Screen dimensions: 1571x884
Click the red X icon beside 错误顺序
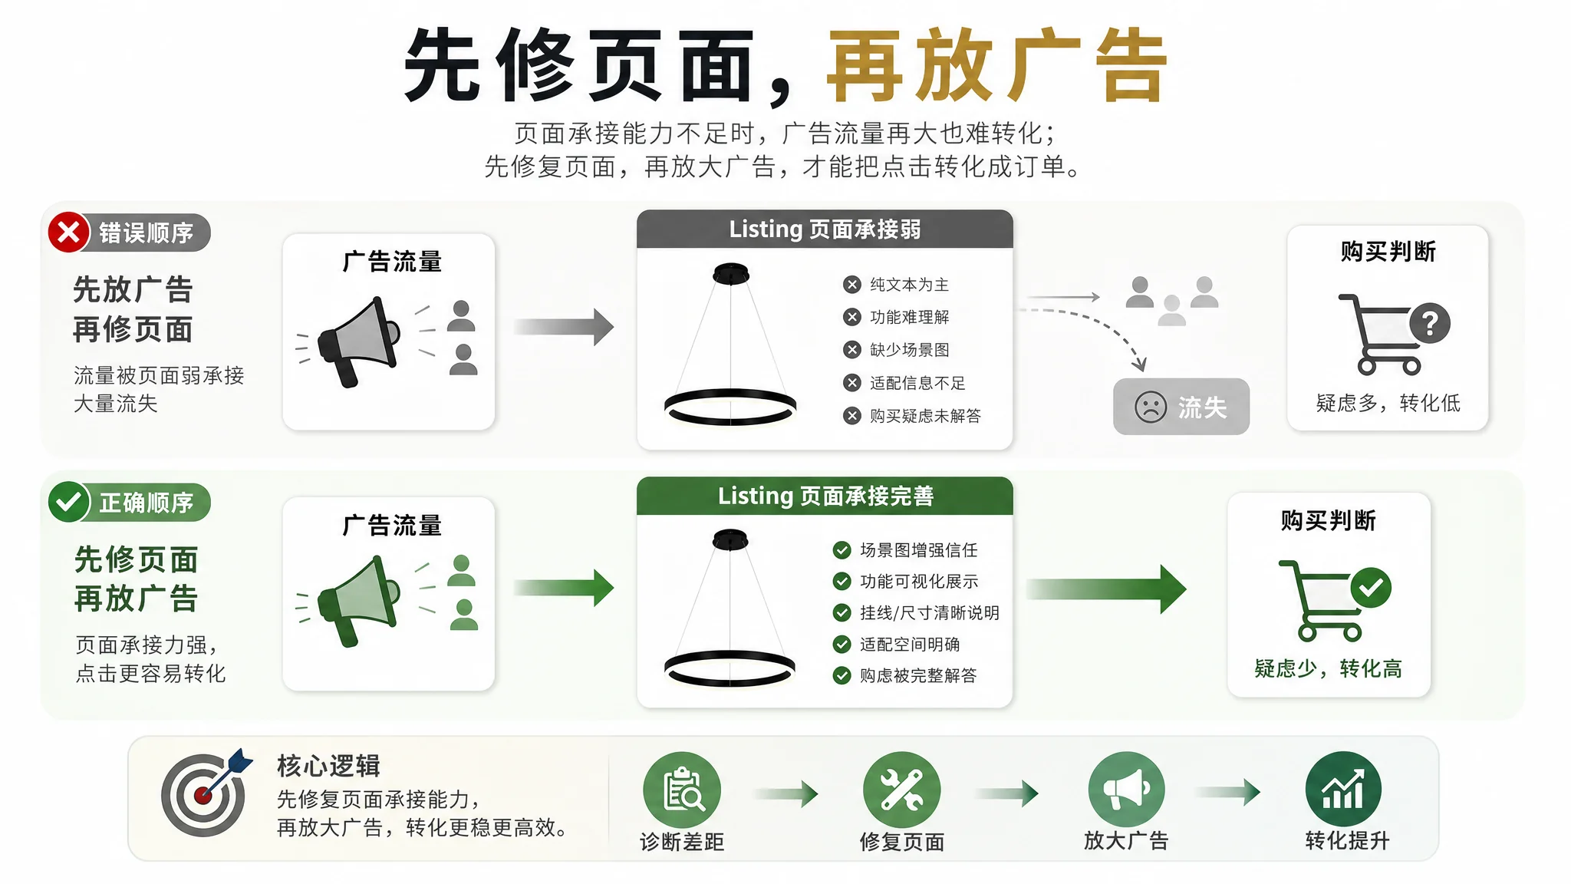(68, 232)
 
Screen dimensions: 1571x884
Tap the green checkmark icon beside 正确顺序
(69, 502)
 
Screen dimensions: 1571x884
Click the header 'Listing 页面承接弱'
(825, 229)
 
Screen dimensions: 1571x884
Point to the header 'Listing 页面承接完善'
(825, 496)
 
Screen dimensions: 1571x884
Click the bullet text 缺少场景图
(909, 350)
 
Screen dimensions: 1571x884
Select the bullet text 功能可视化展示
(919, 582)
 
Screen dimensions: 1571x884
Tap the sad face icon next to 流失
(1151, 407)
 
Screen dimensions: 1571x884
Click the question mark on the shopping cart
(1430, 323)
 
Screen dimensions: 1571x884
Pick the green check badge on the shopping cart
(1371, 589)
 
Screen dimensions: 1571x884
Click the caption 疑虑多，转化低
(1388, 403)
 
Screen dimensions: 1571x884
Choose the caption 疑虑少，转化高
(1329, 668)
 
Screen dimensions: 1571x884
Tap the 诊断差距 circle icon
(682, 790)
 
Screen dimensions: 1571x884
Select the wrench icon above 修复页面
(901, 790)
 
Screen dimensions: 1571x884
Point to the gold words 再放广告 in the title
(996, 65)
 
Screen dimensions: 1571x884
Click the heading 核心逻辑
(328, 766)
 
